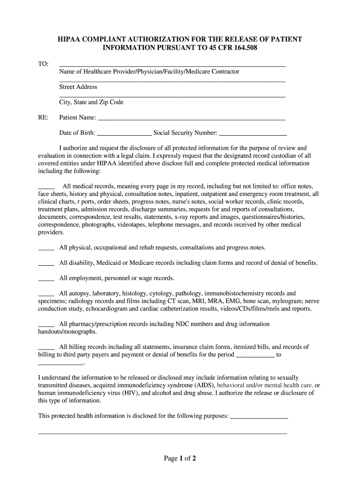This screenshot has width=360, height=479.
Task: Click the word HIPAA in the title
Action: (71, 39)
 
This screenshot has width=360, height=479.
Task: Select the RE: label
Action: (43, 117)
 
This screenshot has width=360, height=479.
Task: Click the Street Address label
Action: (78, 87)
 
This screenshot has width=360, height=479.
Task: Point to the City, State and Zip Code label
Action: (91, 102)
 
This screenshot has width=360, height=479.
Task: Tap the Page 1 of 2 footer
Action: (180, 458)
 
